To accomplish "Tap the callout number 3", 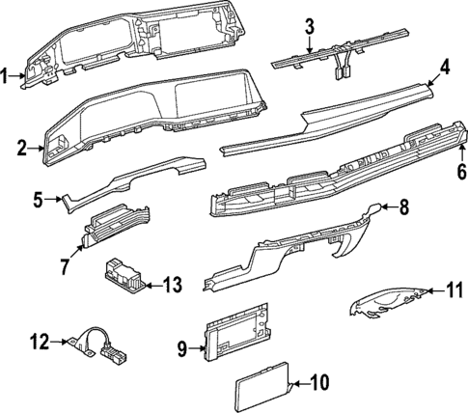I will click(x=309, y=26).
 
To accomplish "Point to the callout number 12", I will click(x=38, y=340).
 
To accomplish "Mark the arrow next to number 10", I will click(x=298, y=383).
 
